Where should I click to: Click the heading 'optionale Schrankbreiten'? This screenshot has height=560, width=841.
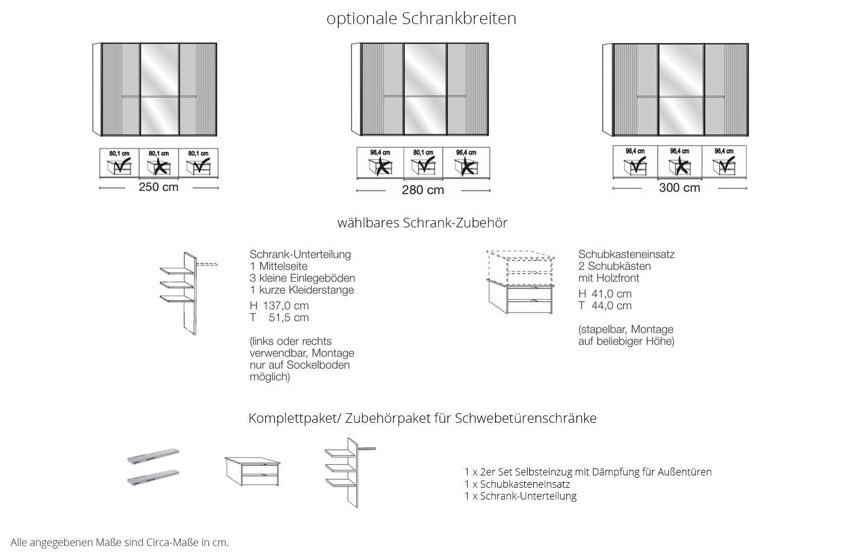(x=421, y=18)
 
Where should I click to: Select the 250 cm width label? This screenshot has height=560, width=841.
(x=159, y=187)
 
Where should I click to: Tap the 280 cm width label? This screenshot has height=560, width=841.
(x=423, y=190)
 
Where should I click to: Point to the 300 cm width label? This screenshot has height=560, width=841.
(x=680, y=188)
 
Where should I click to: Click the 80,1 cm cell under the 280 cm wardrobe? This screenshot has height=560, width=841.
(x=423, y=162)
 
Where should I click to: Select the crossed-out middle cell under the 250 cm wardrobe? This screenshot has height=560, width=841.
(x=159, y=163)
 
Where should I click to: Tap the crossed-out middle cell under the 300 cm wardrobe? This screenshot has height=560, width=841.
(x=680, y=162)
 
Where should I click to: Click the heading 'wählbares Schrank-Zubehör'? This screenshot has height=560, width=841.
(x=422, y=223)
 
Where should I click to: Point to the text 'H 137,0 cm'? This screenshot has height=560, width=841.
(x=279, y=306)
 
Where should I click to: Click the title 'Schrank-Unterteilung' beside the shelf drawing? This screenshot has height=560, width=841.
(x=300, y=254)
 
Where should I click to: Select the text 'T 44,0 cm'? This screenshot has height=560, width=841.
(x=605, y=306)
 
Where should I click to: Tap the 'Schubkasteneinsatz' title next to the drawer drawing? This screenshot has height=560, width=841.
(x=626, y=254)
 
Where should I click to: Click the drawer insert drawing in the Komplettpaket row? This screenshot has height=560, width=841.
(x=252, y=470)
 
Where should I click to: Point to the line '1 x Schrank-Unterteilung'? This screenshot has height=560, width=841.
(x=520, y=496)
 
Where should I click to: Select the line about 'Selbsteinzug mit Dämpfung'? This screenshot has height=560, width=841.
(x=588, y=472)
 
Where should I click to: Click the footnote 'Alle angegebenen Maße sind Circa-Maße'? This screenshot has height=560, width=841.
(x=120, y=543)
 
